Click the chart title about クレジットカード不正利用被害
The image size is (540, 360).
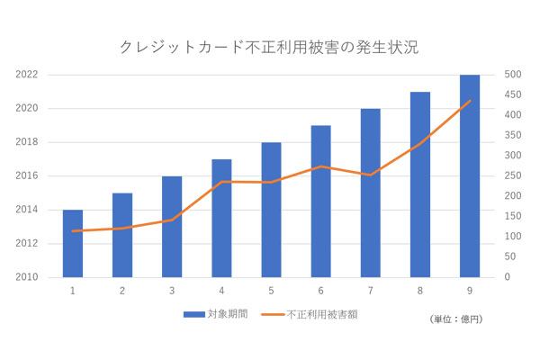click(x=269, y=46)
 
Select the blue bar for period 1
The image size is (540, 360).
click(x=73, y=244)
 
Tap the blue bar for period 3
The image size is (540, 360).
click(x=172, y=227)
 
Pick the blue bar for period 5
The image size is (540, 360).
click(x=271, y=210)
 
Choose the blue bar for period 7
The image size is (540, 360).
click(x=370, y=193)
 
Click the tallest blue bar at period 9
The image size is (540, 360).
click(x=469, y=176)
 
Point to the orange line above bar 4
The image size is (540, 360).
click(x=221, y=182)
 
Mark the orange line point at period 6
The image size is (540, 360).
click(x=320, y=166)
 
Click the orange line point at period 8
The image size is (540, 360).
click(x=419, y=145)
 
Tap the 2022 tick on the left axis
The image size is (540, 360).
click(x=26, y=75)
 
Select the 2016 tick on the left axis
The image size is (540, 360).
click(x=26, y=176)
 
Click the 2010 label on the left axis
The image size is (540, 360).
click(x=26, y=277)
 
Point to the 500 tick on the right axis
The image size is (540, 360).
click(x=509, y=75)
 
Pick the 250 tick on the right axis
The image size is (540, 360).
click(x=509, y=176)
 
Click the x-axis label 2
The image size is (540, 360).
click(x=122, y=290)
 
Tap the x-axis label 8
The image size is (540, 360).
click(x=419, y=290)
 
